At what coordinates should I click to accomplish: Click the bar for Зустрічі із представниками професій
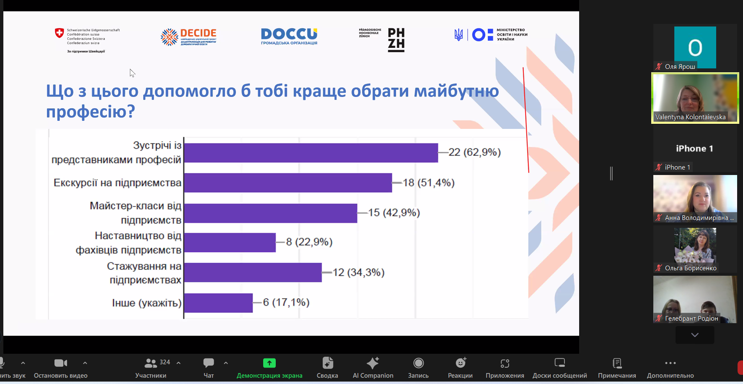pos(311,153)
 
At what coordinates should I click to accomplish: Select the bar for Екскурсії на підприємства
pos(288,183)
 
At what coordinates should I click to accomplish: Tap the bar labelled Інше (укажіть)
pos(218,303)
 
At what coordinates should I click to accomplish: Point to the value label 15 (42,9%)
pos(394,213)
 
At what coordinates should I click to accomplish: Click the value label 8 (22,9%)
pos(309,242)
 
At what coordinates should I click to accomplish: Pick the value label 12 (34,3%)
pos(358,272)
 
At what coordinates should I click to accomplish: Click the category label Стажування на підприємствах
pos(145,273)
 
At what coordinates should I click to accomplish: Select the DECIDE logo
pos(189,37)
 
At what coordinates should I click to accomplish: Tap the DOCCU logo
pos(289,36)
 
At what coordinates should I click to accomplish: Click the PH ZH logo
pos(396,39)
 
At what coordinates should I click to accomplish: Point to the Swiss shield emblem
pos(60,33)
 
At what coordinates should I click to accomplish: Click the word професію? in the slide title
pos(91,112)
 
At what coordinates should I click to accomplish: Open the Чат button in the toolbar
pos(208,368)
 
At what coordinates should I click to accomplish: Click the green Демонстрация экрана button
pos(269,368)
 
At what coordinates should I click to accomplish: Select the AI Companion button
pos(373,368)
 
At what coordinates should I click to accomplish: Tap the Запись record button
pos(418,368)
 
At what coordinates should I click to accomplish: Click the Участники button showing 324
pos(151,368)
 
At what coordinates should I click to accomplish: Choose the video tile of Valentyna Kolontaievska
pos(695,98)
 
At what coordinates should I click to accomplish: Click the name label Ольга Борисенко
pos(690,268)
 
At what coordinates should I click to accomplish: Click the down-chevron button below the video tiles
pos(695,335)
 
